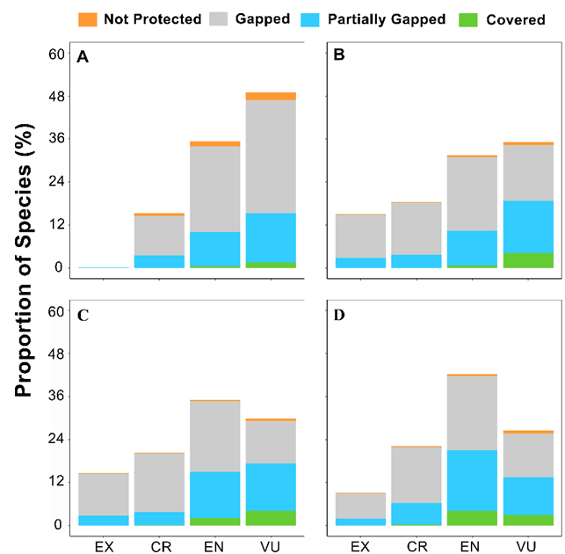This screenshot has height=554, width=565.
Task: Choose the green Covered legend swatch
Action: click(x=476, y=18)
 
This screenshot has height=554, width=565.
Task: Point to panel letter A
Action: click(x=83, y=57)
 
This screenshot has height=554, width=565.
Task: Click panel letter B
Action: click(x=338, y=57)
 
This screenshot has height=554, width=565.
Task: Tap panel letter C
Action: click(x=83, y=315)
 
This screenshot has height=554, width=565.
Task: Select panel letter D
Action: click(x=338, y=315)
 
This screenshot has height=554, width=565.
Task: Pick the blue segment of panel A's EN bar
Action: click(x=215, y=248)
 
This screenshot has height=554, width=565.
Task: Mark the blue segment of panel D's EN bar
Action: click(x=473, y=480)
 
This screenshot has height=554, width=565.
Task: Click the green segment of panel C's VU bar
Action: click(x=271, y=518)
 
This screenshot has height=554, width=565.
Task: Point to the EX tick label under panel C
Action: click(x=104, y=546)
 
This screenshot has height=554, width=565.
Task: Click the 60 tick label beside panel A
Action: click(x=56, y=54)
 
